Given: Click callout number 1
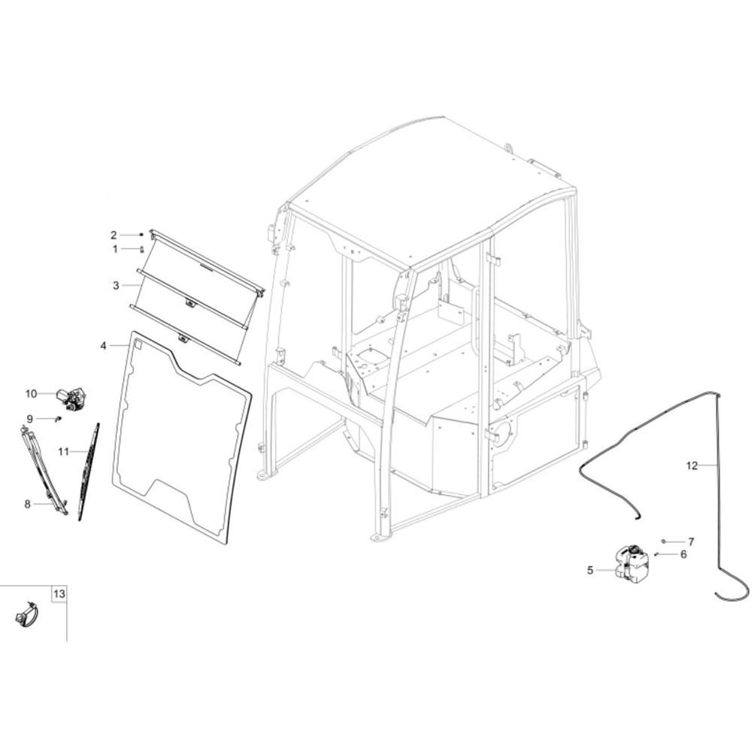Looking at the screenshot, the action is point(115,249).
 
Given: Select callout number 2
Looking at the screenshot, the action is point(114,235).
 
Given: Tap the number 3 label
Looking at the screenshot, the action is point(116,285).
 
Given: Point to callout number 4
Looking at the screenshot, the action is point(104,345).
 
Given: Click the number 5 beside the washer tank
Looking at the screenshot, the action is point(590,570).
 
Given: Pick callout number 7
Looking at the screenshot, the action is point(691,542).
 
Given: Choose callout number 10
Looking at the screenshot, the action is point(31,394).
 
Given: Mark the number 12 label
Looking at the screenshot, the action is point(692,465).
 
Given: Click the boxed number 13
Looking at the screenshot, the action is point(59,594).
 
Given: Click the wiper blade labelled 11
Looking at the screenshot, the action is point(89,471).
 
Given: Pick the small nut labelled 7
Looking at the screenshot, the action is point(663,541).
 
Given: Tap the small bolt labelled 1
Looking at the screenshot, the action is point(142,250).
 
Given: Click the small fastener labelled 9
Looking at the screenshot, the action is point(59,419).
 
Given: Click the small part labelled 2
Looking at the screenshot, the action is point(141,235).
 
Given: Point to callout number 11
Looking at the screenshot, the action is point(64,452).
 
